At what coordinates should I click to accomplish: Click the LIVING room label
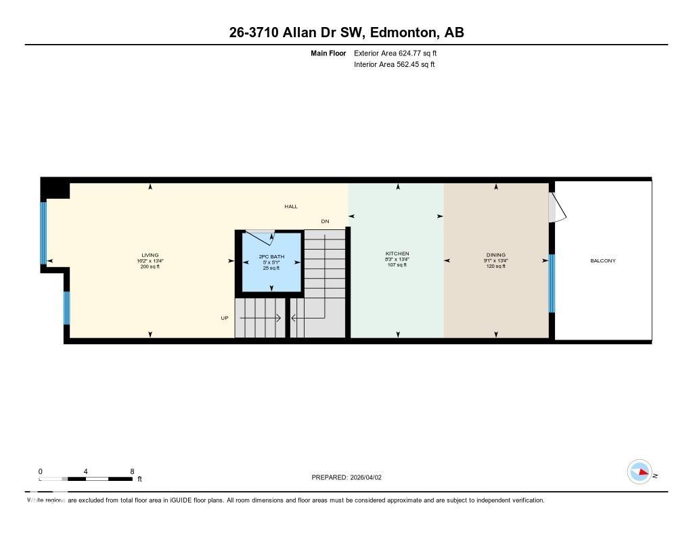pos(150,255)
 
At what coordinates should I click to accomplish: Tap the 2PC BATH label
pos(271,257)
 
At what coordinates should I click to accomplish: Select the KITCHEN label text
pos(397,254)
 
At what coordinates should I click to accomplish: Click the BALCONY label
pos(603,260)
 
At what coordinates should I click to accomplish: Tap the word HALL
pos(290,206)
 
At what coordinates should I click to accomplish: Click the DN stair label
pos(325,221)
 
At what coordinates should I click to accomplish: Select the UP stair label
pos(225,317)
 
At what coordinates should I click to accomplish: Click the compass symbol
pos(640,471)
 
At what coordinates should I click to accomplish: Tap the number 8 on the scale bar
pos(132,471)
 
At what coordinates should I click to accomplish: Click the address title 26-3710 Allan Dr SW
pos(346,32)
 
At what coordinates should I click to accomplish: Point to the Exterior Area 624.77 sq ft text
pos(399,53)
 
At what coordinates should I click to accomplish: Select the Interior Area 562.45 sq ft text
pos(394,65)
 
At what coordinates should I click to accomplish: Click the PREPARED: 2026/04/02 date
pos(346,477)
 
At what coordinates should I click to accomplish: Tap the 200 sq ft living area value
pos(150,266)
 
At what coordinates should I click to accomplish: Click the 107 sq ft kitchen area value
pos(397,265)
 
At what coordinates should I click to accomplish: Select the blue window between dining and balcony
pos(552,283)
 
